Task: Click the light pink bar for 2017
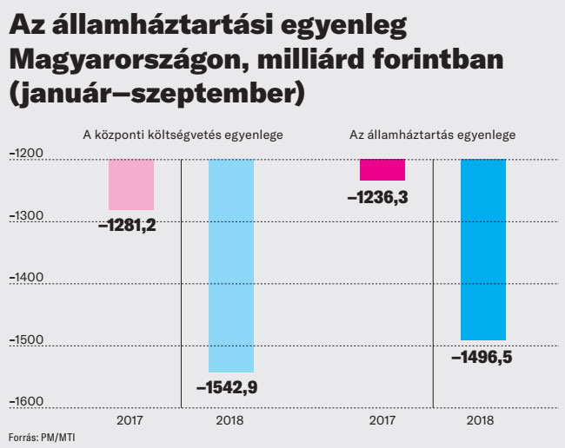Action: point(131,185)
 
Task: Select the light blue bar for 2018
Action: point(231,266)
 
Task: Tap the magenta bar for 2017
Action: point(382,170)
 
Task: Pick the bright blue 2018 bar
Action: point(482,250)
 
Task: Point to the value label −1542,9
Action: point(227,387)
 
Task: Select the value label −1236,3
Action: point(377,197)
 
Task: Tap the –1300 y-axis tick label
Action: point(26,216)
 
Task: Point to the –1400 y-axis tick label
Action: point(26,278)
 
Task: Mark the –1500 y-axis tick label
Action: point(26,340)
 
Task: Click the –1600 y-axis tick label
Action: point(26,401)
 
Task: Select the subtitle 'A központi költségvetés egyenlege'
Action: point(182,135)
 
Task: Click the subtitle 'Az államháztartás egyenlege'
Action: point(433,135)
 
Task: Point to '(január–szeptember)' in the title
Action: point(156,93)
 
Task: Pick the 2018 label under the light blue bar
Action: point(229,420)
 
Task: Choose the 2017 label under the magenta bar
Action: point(382,420)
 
